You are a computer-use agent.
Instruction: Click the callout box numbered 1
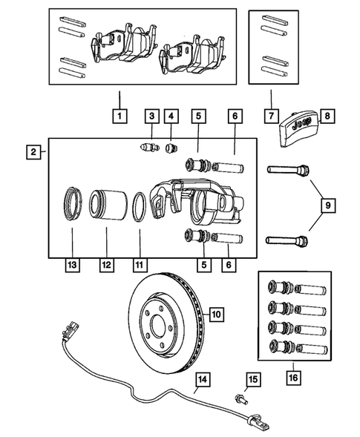tap(119, 116)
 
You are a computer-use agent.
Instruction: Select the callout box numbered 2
tap(34, 153)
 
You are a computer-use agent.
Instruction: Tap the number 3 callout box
tap(151, 116)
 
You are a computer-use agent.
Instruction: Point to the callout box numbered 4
tap(172, 116)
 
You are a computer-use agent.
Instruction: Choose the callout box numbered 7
tap(270, 116)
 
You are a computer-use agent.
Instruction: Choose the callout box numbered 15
tap(253, 381)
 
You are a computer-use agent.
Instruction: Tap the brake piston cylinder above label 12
tap(106, 207)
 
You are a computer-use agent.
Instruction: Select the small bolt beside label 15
tap(240, 398)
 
